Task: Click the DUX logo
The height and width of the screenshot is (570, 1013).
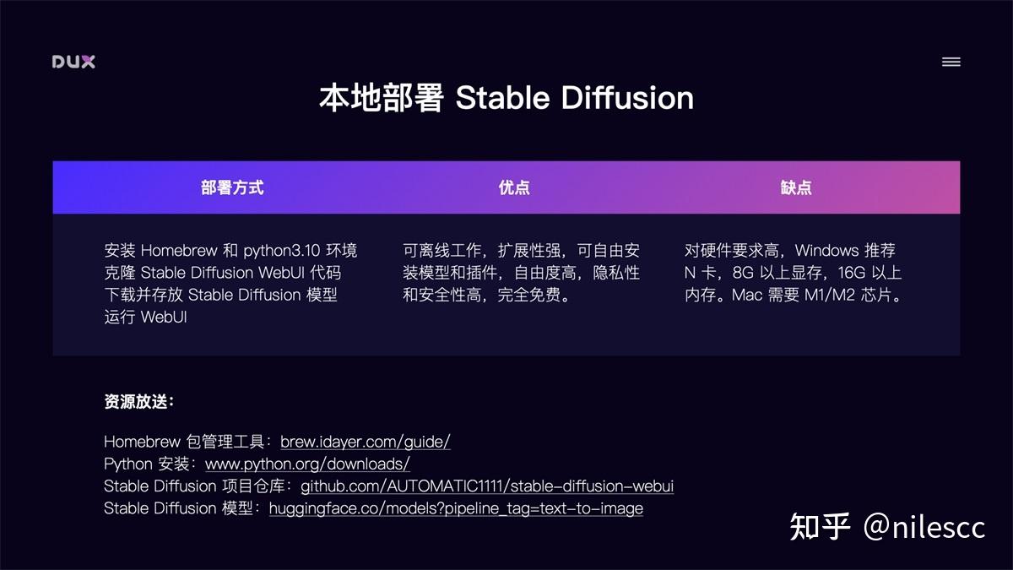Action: click(x=73, y=62)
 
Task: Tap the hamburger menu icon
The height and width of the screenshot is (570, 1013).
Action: click(x=951, y=62)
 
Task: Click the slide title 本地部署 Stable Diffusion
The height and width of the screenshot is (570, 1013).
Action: click(x=506, y=98)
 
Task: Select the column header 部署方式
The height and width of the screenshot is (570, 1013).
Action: click(x=232, y=187)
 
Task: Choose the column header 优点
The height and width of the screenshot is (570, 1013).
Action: click(x=514, y=187)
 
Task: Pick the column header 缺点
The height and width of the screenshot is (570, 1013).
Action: click(x=796, y=187)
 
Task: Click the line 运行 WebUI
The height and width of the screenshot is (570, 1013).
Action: click(x=145, y=318)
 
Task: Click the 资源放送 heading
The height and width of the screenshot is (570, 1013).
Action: click(x=138, y=402)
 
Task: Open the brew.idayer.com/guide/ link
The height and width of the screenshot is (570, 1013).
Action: click(x=366, y=442)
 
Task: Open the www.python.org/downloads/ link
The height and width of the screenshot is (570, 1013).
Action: click(x=307, y=464)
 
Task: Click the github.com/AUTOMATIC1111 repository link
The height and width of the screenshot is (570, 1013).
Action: click(x=487, y=486)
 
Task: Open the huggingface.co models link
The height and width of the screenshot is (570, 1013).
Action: click(x=456, y=508)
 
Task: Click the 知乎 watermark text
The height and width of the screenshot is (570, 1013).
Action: click(x=820, y=526)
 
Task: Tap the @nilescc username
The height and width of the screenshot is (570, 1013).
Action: click(x=924, y=527)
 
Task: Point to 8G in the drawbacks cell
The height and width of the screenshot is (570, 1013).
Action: click(x=744, y=273)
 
